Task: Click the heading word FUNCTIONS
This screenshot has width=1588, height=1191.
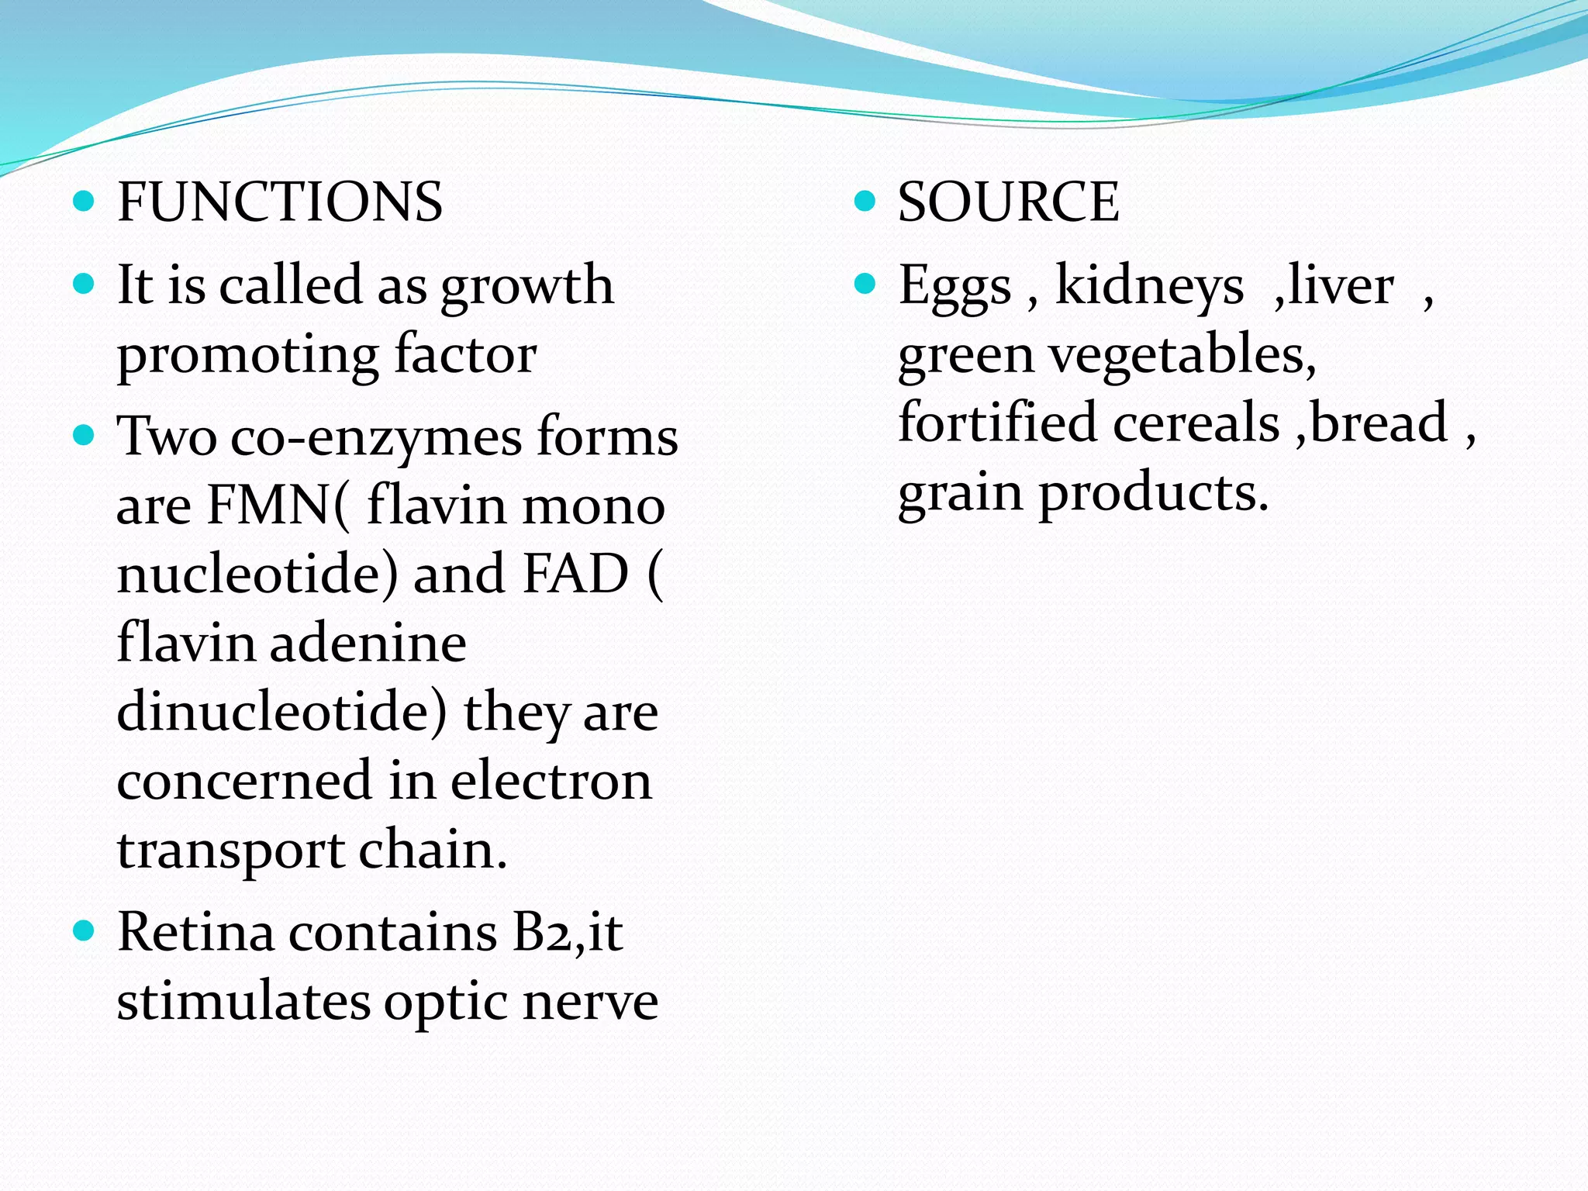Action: click(279, 202)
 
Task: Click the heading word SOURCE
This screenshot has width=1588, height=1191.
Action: click(1008, 202)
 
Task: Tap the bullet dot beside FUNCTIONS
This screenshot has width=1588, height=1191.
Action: click(83, 202)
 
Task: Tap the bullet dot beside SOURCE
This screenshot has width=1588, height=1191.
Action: click(864, 202)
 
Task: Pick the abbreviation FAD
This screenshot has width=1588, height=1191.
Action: click(575, 575)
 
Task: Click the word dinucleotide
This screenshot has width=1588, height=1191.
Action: click(281, 712)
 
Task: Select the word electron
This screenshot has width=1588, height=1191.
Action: click(551, 781)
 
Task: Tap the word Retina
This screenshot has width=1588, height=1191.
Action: click(195, 932)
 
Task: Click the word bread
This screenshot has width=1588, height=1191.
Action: click(1379, 423)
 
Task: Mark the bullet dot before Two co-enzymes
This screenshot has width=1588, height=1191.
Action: click(83, 435)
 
